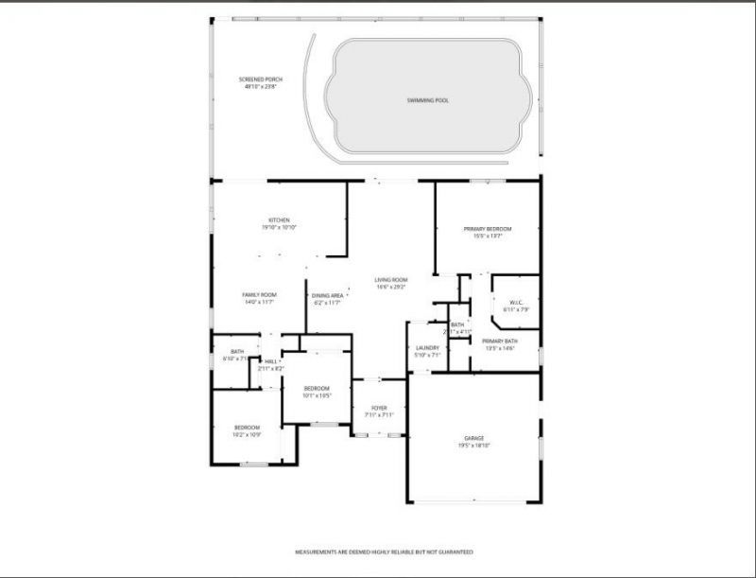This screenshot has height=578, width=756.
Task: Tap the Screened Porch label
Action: [x=261, y=79]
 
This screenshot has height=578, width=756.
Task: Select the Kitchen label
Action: [x=279, y=220]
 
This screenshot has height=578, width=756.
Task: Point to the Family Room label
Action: [x=259, y=295]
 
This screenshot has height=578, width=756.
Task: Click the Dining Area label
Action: [x=328, y=296]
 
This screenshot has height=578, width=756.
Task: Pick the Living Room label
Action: [x=390, y=279]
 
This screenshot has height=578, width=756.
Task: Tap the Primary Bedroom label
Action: [x=487, y=229]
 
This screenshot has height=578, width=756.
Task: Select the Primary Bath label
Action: [x=500, y=341]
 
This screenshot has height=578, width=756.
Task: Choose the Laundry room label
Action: [x=428, y=348]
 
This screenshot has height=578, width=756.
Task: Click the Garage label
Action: [x=473, y=438]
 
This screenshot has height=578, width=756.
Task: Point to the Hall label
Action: [x=270, y=361]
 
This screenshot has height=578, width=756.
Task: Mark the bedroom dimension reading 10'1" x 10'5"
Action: [x=316, y=395]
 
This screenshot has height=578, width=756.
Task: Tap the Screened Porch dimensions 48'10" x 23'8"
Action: [x=261, y=86]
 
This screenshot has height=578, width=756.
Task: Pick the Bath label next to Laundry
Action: [x=457, y=324]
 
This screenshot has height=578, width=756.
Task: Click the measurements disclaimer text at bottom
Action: [x=385, y=552]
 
